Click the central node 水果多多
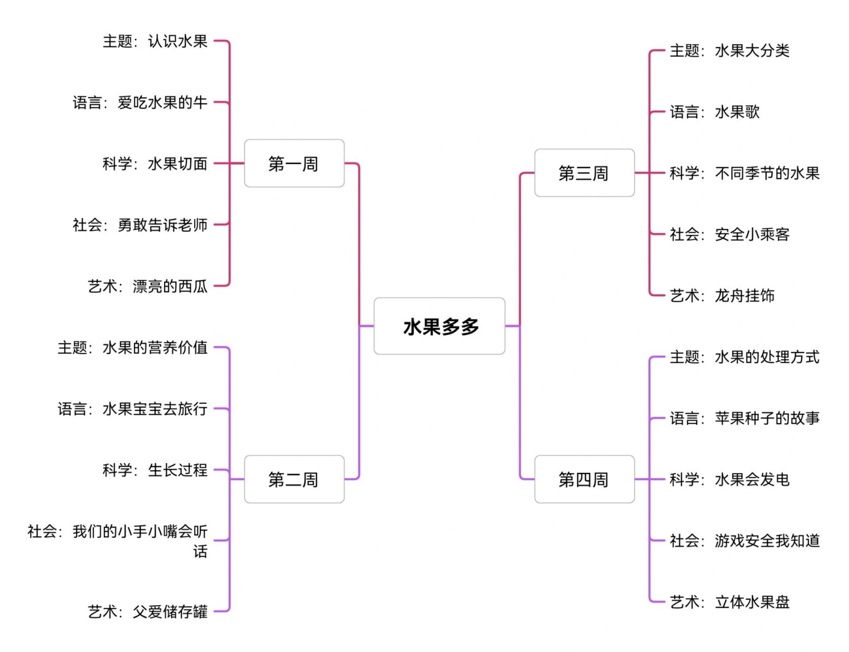(x=440, y=327)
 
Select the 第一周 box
(x=294, y=164)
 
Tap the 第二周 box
(x=294, y=479)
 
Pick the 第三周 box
(x=584, y=173)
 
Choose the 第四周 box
(x=584, y=479)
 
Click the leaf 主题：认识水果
(x=155, y=41)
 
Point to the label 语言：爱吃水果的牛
(x=140, y=102)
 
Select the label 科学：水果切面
(x=155, y=164)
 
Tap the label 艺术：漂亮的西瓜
(x=148, y=286)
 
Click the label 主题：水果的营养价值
(x=132, y=347)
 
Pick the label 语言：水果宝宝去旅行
(x=132, y=409)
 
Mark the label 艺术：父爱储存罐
(x=148, y=611)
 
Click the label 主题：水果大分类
(x=729, y=51)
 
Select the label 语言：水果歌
(x=715, y=112)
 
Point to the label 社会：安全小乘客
(x=729, y=234)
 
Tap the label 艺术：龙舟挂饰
(x=722, y=295)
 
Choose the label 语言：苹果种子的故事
(x=745, y=418)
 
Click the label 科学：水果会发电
(x=729, y=479)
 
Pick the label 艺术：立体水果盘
(x=729, y=602)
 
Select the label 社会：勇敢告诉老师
(x=140, y=225)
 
